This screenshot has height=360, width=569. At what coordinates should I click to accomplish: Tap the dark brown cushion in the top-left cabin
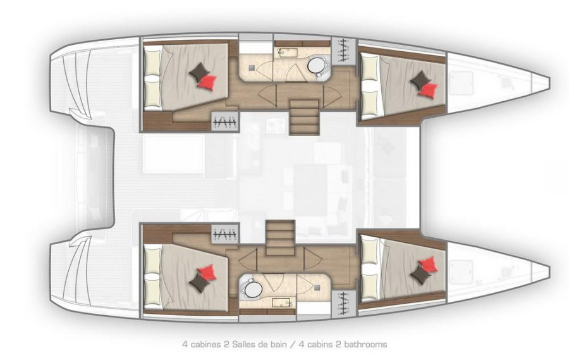coord(199,72)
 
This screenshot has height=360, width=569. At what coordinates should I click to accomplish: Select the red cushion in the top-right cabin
coord(428,90)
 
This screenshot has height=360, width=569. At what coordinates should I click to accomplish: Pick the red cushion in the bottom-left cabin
coord(207,273)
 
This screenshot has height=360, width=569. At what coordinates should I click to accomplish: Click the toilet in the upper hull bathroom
coord(318,67)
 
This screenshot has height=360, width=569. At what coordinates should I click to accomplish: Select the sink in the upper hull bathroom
coord(286,53)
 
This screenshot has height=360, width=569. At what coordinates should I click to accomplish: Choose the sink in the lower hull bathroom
coord(283,303)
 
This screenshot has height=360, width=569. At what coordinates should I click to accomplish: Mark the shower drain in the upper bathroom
coord(252,68)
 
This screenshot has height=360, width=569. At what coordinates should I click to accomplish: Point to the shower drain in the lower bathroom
coord(318,287)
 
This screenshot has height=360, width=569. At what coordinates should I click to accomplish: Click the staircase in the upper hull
coord(304,117)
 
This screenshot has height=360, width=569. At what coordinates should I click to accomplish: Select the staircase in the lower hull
coord(280,238)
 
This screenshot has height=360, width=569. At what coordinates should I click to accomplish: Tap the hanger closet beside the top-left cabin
coord(225,121)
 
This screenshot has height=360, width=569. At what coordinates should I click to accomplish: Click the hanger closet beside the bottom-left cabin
coord(225,234)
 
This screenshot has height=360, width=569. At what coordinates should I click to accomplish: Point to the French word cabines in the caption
coord(204,344)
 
